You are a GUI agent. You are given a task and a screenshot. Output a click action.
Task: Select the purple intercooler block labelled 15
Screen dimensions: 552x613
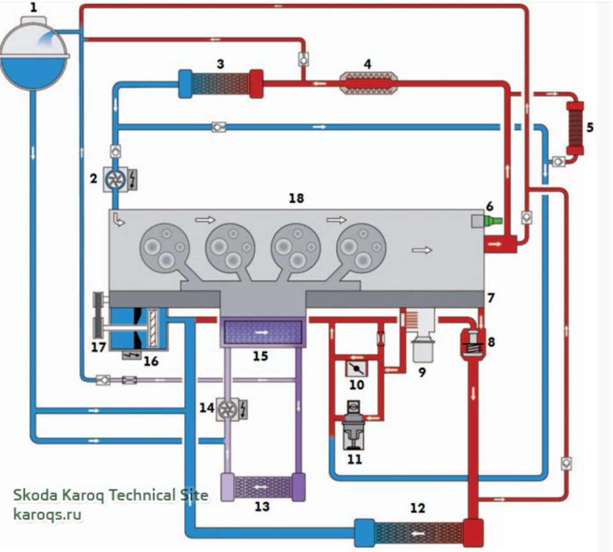click(x=261, y=333)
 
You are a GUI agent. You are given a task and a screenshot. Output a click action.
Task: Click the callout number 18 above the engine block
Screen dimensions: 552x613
click(x=295, y=198)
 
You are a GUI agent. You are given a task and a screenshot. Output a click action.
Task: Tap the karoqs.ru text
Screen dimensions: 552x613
click(x=47, y=513)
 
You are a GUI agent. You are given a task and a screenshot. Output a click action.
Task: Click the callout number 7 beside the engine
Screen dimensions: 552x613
click(x=490, y=298)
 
